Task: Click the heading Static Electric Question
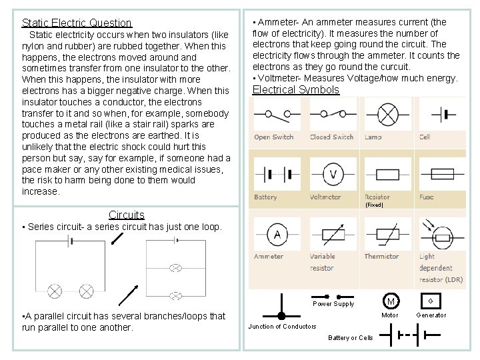(x=77, y=23)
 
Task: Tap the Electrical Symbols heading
(x=296, y=90)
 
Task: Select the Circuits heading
(x=126, y=215)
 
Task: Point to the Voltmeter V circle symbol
(x=333, y=175)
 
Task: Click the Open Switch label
(x=273, y=137)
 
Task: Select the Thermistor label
(x=382, y=257)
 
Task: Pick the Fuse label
(x=427, y=197)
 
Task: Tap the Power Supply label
(x=333, y=304)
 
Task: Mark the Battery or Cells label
(x=351, y=337)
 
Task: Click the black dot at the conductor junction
(x=281, y=315)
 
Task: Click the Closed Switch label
(x=331, y=137)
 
